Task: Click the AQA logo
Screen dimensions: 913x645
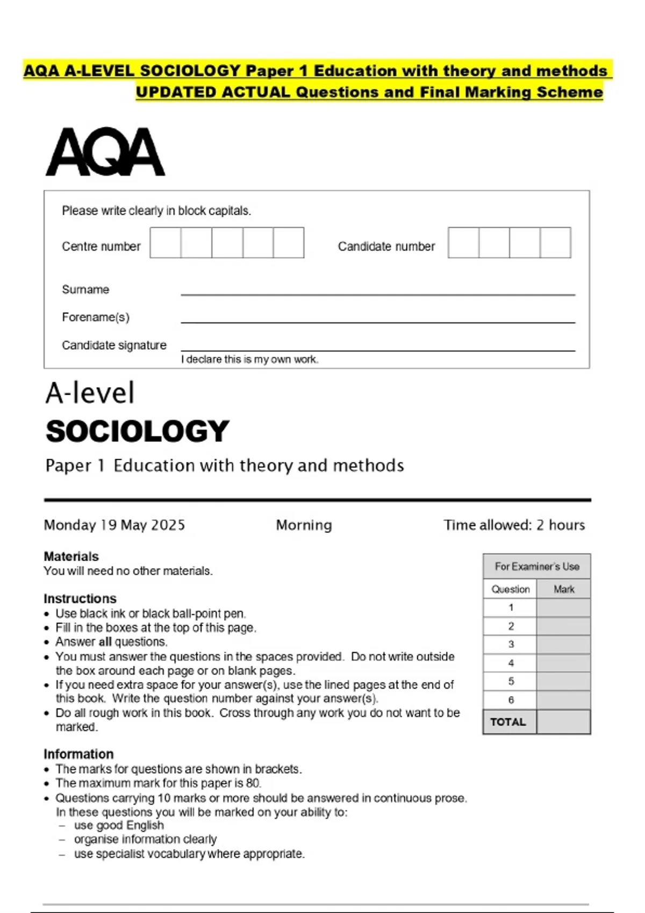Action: (x=105, y=152)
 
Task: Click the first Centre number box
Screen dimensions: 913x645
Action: (x=166, y=243)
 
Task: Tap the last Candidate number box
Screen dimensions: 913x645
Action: (x=555, y=243)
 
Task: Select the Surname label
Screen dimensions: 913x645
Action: (x=85, y=289)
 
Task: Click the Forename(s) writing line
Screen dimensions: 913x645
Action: (x=378, y=322)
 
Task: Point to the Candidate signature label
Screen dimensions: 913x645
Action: (x=114, y=345)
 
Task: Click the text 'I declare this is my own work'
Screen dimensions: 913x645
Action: (x=249, y=359)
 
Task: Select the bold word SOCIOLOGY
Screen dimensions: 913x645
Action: (x=138, y=431)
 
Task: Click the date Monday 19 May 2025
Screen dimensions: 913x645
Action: (x=114, y=525)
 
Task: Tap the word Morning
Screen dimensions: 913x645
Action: (x=304, y=525)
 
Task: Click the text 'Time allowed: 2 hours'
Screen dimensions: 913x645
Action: (x=514, y=525)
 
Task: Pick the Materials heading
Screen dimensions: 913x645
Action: (x=71, y=556)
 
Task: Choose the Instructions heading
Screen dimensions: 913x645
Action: (x=80, y=598)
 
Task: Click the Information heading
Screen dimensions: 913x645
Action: (x=78, y=754)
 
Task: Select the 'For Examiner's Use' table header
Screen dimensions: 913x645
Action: (x=536, y=567)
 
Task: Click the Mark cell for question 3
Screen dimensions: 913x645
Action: (x=563, y=644)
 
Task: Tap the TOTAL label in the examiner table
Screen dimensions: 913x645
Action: (x=508, y=722)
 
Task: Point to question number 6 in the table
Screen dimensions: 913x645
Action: (x=511, y=700)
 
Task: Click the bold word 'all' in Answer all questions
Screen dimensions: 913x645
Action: (x=105, y=642)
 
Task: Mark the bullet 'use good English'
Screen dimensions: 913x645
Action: (x=119, y=825)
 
